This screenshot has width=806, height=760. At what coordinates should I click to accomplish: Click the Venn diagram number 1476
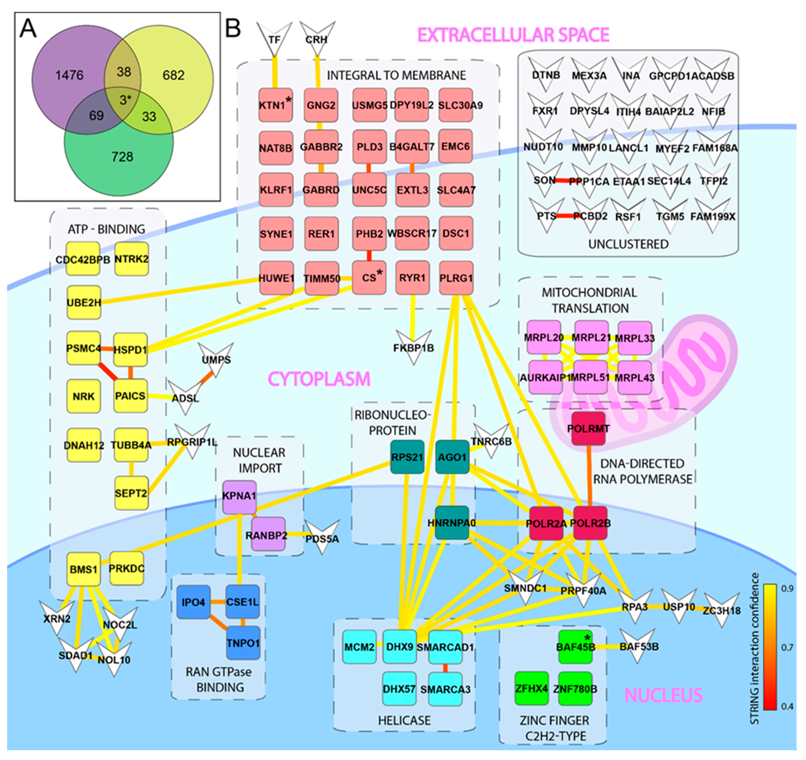[69, 75]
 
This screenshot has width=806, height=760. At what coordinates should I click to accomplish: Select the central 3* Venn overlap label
[124, 99]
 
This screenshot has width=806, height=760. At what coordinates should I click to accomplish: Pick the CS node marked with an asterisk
[369, 278]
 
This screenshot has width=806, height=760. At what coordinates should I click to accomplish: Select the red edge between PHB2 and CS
[369, 256]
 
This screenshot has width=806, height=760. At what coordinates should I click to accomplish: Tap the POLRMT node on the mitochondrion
[588, 429]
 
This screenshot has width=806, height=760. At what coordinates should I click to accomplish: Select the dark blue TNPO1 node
[243, 643]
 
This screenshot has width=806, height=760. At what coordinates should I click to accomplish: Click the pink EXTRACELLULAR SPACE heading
[513, 35]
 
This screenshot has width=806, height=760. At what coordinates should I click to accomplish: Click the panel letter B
[233, 28]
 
